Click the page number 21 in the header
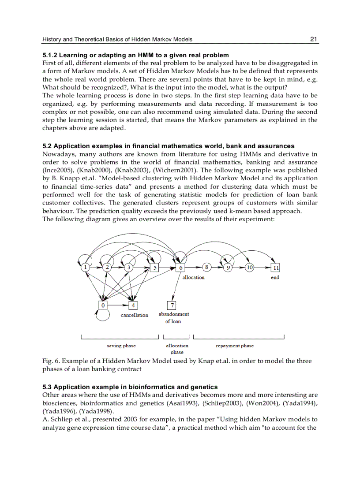click(314, 39)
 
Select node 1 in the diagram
click(86, 267)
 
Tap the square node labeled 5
click(154, 267)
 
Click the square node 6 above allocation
click(180, 267)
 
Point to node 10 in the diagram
click(250, 267)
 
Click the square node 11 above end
click(276, 267)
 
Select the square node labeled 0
click(103, 305)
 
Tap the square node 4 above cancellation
click(133, 305)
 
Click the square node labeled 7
click(172, 305)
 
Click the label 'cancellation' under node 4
click(135, 315)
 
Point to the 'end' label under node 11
click(275, 277)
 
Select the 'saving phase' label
click(121, 346)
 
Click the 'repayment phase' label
click(235, 346)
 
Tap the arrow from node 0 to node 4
click(118, 305)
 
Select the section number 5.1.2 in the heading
click(49, 55)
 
